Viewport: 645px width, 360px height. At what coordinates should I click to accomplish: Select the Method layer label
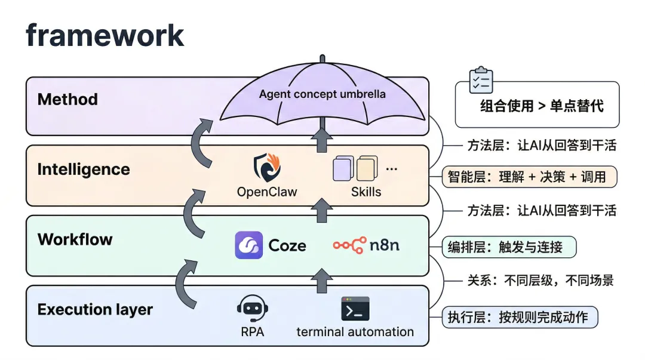(67, 99)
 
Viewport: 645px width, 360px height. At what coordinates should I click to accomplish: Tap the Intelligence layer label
(84, 170)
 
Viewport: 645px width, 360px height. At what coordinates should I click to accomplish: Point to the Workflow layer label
(75, 240)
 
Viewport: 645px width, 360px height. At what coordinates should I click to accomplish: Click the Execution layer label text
(95, 310)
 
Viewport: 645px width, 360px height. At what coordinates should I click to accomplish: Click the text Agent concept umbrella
(322, 94)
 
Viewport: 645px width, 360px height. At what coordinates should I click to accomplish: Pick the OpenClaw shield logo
(267, 168)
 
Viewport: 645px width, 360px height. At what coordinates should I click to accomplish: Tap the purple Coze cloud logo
(248, 245)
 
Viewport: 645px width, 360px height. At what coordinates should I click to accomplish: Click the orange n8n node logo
(350, 245)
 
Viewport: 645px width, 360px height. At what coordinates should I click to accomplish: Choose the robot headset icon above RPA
(252, 309)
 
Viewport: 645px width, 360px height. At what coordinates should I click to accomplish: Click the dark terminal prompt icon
(355, 309)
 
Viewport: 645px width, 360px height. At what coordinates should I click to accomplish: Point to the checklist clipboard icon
(481, 81)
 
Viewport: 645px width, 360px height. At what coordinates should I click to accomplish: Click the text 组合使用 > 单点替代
(542, 106)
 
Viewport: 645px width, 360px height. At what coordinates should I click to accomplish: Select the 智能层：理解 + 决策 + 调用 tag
(529, 177)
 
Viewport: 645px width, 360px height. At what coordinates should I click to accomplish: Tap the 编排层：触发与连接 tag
(509, 247)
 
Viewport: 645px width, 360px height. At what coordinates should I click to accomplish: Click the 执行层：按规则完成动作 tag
(519, 317)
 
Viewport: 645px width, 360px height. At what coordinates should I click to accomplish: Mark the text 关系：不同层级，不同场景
(539, 281)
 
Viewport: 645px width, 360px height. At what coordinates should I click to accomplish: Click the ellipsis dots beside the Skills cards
(392, 169)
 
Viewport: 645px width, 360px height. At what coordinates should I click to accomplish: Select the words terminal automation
(355, 332)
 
